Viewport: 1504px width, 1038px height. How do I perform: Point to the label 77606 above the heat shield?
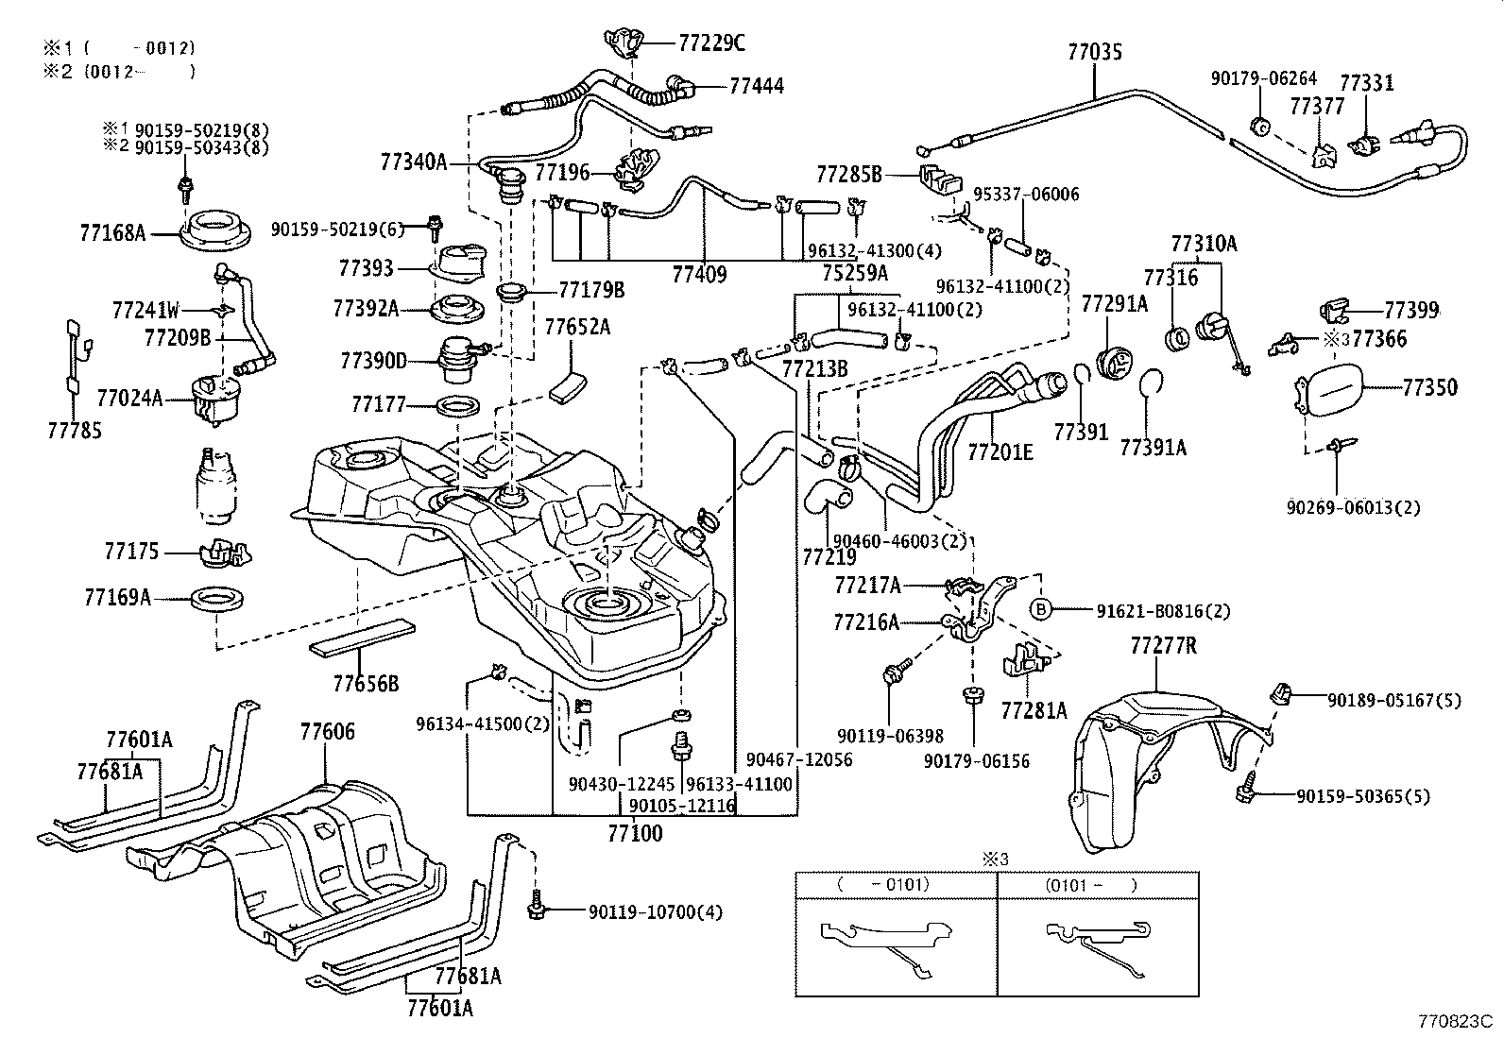pos(328,731)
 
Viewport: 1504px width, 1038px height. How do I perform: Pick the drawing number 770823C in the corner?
pos(1453,1021)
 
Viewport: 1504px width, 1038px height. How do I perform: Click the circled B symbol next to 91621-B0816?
pos(1040,610)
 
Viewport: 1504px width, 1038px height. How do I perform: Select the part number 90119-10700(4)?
pos(655,912)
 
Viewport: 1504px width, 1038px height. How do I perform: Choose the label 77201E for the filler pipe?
pos(1000,452)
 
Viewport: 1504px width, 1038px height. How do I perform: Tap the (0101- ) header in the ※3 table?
pos(1091,885)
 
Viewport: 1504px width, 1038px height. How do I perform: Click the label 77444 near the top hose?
pos(756,86)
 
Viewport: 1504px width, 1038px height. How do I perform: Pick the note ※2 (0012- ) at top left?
pos(118,70)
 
